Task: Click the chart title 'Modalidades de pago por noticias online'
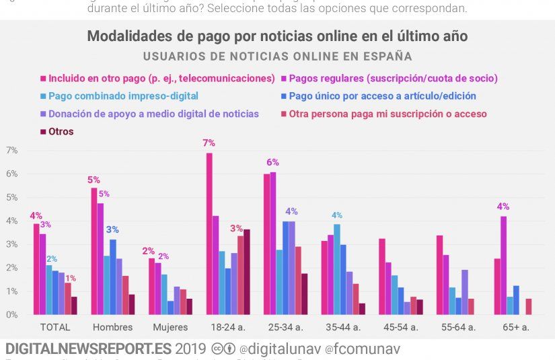click(x=277, y=36)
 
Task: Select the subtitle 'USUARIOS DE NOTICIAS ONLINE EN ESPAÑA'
click(x=277, y=57)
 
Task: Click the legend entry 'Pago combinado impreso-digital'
click(x=123, y=96)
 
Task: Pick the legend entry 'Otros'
click(x=61, y=132)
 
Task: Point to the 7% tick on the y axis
click(x=11, y=150)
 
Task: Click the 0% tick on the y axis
click(x=11, y=315)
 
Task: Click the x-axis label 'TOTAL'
click(x=55, y=328)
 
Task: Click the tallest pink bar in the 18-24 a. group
click(x=209, y=233)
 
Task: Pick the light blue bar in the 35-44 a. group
click(x=337, y=269)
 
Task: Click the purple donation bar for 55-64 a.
click(x=464, y=292)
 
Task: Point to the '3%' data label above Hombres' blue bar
click(x=113, y=229)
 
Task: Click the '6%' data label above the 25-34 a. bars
click(x=272, y=162)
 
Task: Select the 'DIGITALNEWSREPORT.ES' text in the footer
click(x=87, y=349)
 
